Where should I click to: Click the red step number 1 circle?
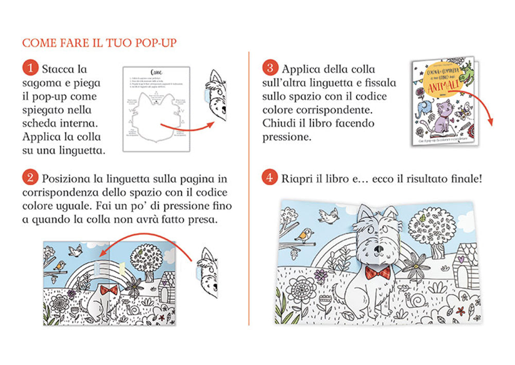[32, 69]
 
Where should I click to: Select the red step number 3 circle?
[270, 69]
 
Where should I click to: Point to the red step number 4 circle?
[270, 178]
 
